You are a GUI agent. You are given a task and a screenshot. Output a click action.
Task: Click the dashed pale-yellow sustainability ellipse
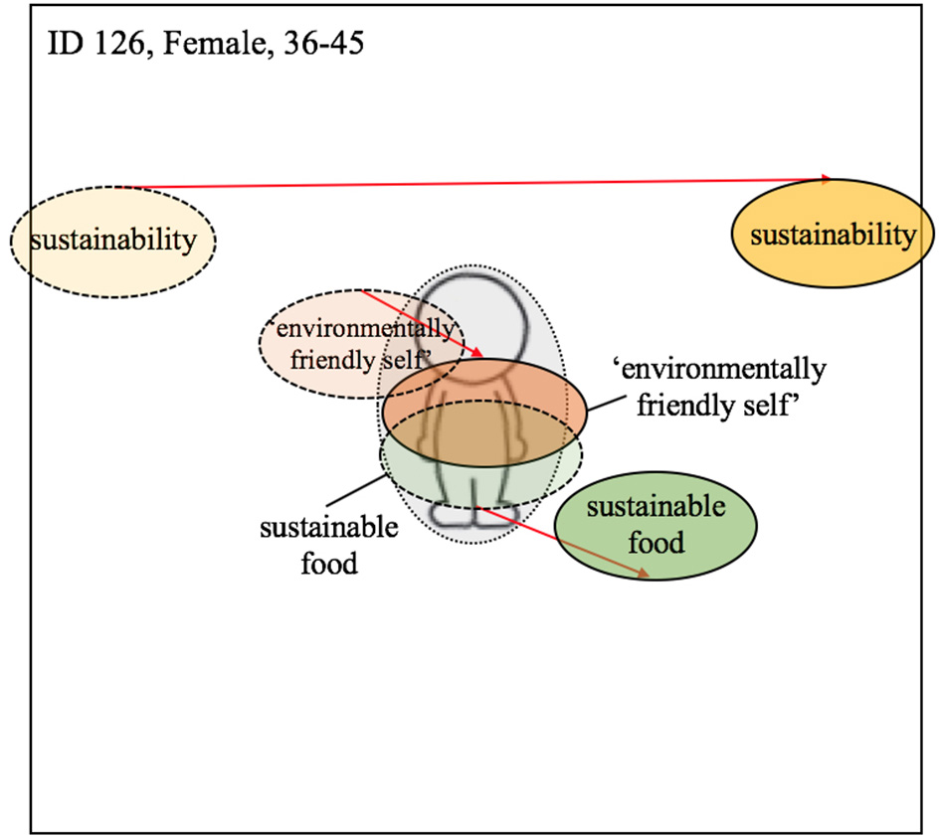[x=112, y=241]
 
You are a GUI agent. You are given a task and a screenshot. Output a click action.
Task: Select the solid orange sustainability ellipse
[x=832, y=236]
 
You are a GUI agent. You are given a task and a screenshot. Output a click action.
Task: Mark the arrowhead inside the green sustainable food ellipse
[x=645, y=574]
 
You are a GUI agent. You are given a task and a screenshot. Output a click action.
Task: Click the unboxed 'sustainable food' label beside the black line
[x=329, y=546]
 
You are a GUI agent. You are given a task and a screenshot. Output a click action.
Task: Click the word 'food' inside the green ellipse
[x=656, y=543]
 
